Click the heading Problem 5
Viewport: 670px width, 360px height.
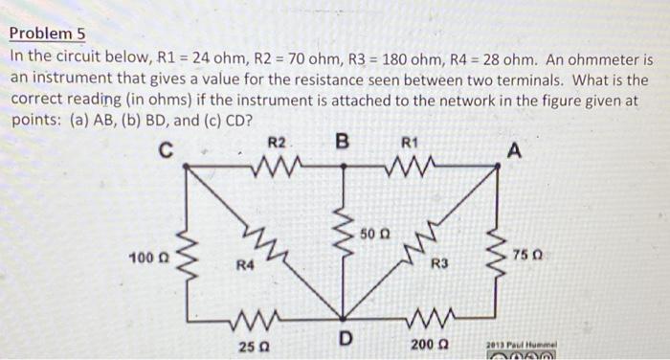tap(48, 34)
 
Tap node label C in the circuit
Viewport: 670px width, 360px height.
tap(167, 149)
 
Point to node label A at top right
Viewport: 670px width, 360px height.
tap(516, 149)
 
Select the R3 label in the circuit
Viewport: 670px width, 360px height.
tap(439, 262)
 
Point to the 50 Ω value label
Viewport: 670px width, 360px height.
tap(373, 234)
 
